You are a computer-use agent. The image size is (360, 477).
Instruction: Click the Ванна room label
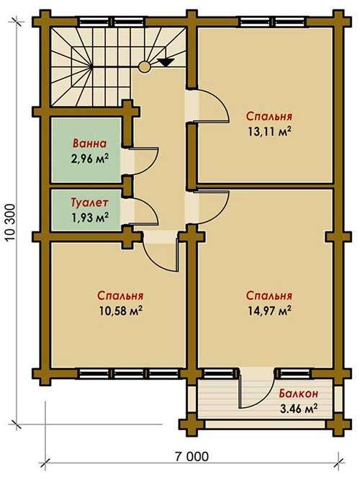89,143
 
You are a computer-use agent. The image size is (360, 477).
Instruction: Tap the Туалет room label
89,202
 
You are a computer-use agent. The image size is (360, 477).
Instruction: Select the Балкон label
299,393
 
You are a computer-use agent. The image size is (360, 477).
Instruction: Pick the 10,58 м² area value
121,311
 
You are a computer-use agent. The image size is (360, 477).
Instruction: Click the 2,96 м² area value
89,159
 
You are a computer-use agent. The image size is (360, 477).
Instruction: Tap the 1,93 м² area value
89,217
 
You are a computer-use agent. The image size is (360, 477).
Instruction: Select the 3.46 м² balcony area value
299,409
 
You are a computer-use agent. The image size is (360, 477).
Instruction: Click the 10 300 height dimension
10,222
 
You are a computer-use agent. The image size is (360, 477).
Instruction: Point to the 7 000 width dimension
192,456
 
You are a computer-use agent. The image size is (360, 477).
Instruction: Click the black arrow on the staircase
166,62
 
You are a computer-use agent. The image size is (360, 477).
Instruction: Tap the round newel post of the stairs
144,66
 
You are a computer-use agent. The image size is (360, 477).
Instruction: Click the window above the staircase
113,22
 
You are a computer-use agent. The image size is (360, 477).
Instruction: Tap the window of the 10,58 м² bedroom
131,373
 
